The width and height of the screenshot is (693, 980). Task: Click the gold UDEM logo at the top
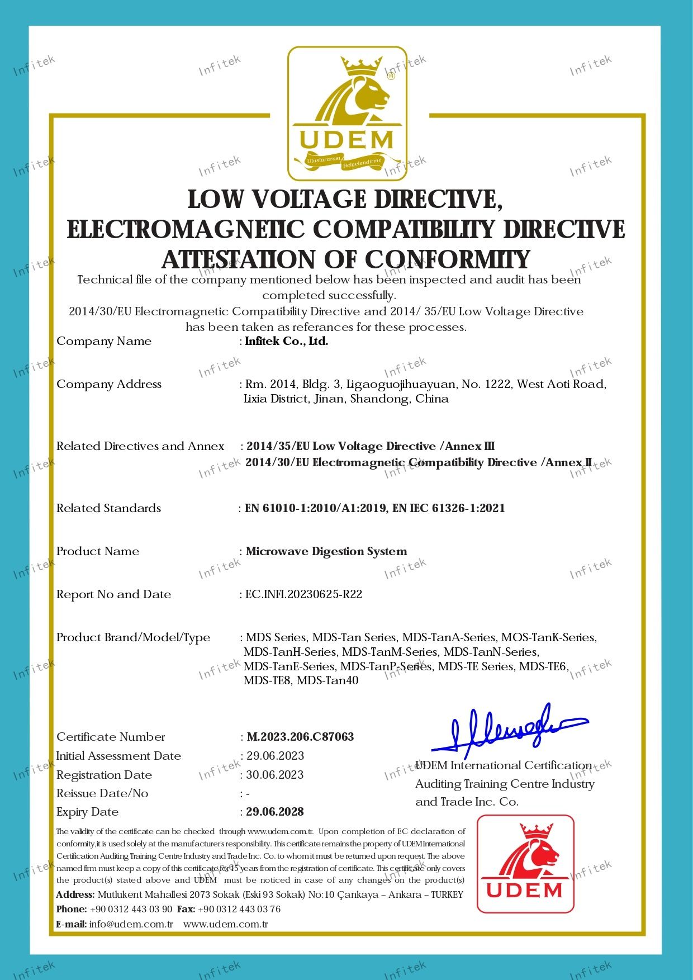[x=346, y=113]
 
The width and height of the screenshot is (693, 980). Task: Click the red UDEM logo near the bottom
[x=525, y=864]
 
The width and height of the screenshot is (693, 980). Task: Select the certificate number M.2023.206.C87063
[x=300, y=737]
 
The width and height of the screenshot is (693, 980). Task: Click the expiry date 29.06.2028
[x=275, y=812]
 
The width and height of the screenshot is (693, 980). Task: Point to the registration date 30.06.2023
[x=275, y=775]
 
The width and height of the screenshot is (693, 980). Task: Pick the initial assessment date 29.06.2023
[x=276, y=756]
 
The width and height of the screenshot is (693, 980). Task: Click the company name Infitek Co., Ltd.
[x=287, y=341]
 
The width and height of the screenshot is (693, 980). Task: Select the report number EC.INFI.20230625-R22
[x=304, y=594]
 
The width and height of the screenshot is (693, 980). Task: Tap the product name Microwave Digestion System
[x=326, y=551]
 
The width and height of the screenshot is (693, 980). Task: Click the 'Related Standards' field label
[x=108, y=508]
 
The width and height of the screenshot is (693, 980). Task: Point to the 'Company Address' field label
[x=109, y=384]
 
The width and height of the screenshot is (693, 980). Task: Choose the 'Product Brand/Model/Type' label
[x=133, y=637]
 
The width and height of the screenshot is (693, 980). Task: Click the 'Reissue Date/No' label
[x=102, y=793]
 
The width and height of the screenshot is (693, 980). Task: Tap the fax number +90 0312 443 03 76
[x=239, y=909]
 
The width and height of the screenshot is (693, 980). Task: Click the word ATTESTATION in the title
[x=239, y=259]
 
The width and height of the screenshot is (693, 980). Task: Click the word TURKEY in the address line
[x=447, y=894]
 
